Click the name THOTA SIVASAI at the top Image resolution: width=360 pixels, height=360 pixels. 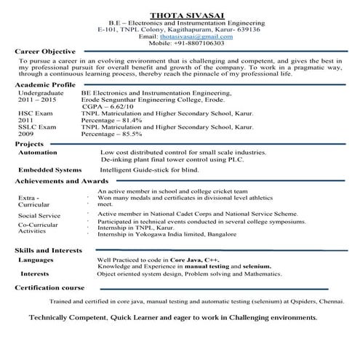point(180,14)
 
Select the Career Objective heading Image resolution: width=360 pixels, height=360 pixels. point(46,52)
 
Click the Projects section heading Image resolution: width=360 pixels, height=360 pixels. point(30,145)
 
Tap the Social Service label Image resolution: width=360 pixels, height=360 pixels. point(40,216)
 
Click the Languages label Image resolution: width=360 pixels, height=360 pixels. point(36,260)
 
